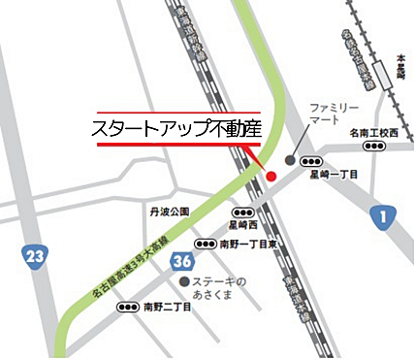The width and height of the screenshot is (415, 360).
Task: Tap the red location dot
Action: [271, 176]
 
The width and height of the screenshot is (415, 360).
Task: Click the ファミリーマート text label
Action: [334, 113]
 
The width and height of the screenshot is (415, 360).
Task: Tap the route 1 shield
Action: [384, 216]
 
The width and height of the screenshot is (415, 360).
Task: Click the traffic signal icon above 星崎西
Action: [242, 212]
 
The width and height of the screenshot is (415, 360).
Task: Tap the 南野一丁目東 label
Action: [249, 245]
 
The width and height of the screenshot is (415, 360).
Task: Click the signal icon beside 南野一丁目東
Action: [206, 245]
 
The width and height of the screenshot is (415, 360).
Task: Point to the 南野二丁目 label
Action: [167, 307]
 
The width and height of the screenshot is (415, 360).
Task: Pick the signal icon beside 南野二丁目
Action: [127, 307]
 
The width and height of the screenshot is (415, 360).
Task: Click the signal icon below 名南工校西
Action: [373, 146]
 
